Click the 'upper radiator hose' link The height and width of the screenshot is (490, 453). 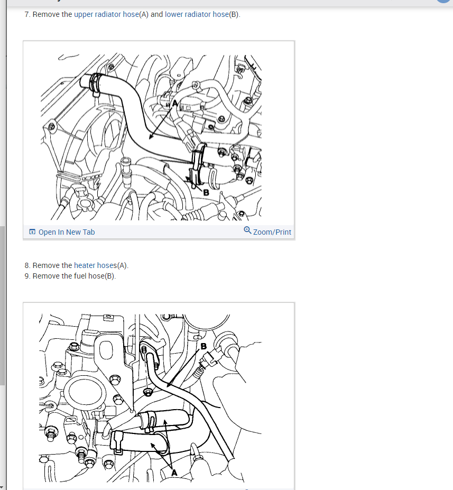tap(107, 14)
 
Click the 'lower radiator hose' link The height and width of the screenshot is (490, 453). tap(197, 14)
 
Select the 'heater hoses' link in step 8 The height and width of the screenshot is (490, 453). tap(95, 265)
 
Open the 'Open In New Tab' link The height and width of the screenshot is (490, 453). tap(67, 232)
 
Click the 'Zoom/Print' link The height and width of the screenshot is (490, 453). tap(272, 232)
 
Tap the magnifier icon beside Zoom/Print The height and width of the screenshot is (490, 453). tap(247, 230)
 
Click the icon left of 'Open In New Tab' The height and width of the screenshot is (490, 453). tap(32, 232)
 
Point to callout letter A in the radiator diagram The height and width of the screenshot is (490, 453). tap(175, 103)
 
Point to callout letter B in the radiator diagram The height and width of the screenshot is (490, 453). tap(206, 192)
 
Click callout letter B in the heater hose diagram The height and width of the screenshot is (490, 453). tap(204, 346)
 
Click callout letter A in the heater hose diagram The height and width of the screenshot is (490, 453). tap(174, 473)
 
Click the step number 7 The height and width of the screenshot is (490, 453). tap(27, 14)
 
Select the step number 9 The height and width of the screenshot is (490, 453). tap(27, 276)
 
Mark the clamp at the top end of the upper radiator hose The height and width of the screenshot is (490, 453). tap(95, 84)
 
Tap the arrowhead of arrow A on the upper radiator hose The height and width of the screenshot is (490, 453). tap(151, 137)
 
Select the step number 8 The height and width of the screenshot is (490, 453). tap(27, 265)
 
